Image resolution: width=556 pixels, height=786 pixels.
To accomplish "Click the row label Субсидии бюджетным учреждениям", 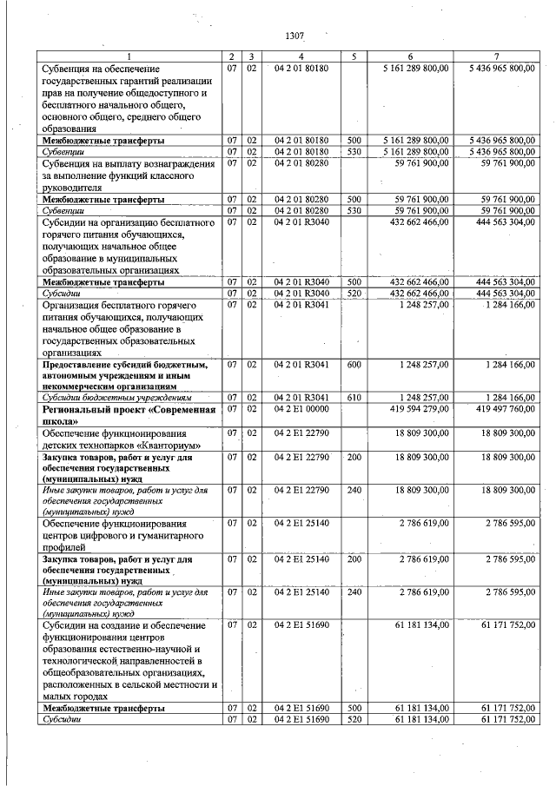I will click(x=116, y=398).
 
